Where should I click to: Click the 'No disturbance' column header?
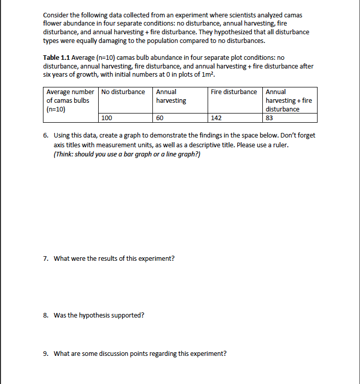click(x=123, y=92)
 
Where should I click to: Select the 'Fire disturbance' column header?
click(x=234, y=92)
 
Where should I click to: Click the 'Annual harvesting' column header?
click(x=171, y=96)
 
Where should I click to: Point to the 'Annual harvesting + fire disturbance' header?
click(x=288, y=100)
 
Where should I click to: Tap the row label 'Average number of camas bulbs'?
click(x=70, y=100)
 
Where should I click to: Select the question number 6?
click(x=46, y=135)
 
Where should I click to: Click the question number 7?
click(x=46, y=258)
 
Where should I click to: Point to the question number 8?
click(x=46, y=315)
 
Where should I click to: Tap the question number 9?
click(x=46, y=353)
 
